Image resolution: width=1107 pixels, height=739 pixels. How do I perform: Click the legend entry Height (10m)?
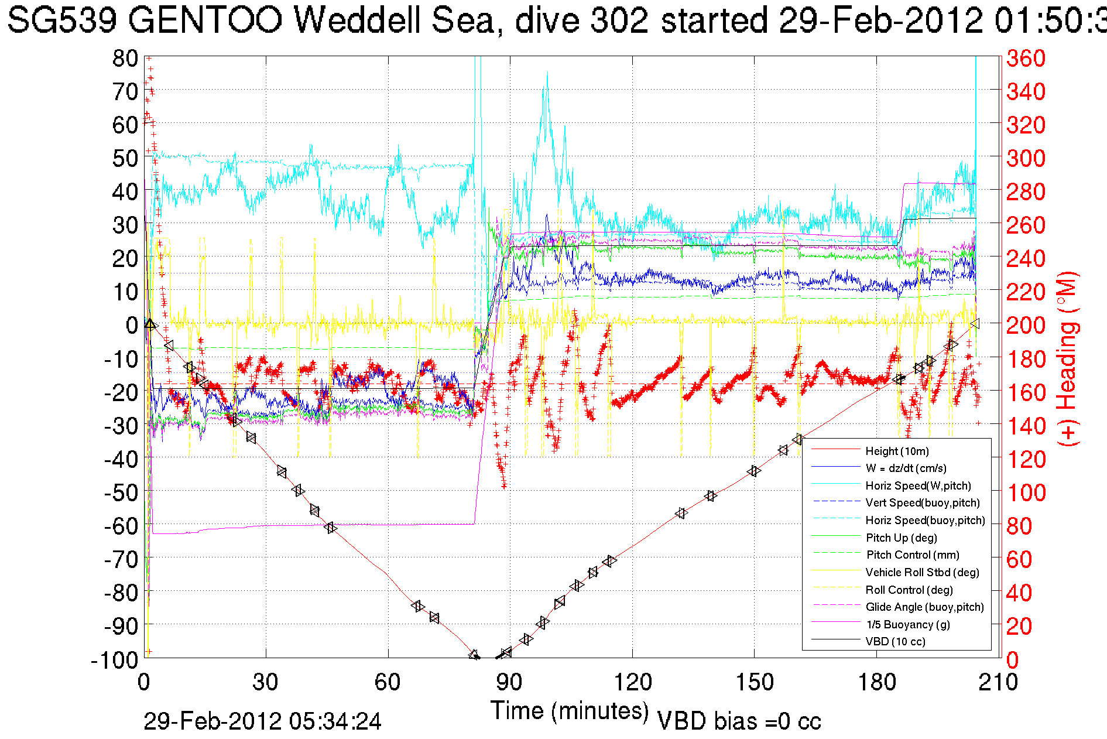(x=897, y=451)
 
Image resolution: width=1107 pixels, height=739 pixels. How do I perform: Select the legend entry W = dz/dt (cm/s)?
(x=906, y=468)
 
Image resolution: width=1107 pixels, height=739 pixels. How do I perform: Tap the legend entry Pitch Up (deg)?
(x=901, y=538)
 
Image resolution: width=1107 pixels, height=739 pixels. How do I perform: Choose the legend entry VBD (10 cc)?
(x=895, y=641)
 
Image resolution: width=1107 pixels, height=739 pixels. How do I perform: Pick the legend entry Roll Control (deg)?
(x=909, y=590)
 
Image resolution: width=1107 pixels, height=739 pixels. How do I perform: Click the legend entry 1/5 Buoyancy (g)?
(x=907, y=624)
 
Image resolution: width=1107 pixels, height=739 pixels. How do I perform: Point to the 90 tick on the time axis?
(x=509, y=682)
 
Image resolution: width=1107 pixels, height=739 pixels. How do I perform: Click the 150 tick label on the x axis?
(x=754, y=682)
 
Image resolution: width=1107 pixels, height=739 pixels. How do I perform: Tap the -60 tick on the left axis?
(x=121, y=526)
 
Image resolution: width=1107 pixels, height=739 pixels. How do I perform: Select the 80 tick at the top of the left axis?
(x=125, y=58)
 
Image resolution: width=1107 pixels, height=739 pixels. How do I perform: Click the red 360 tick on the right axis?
(x=1026, y=58)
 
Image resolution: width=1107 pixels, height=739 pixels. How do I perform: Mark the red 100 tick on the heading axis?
(x=1026, y=492)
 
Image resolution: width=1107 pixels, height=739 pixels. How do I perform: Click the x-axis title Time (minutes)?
(x=570, y=711)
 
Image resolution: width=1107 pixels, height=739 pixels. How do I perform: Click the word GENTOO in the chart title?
(x=205, y=20)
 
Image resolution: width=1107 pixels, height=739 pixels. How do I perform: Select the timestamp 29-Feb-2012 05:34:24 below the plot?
(x=262, y=721)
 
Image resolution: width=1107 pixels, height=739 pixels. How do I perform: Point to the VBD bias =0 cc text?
(x=739, y=721)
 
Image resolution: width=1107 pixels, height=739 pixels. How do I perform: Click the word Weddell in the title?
(x=356, y=20)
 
